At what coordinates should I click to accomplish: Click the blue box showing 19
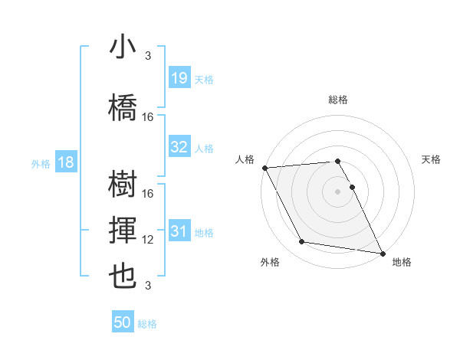pos(179,78)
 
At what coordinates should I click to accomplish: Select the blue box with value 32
pos(179,148)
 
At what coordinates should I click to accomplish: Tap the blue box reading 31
pos(179,232)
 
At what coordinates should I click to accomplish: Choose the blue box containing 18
pos(65,162)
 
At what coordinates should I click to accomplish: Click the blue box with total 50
pos(123,323)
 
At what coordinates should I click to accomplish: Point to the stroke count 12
pos(148,240)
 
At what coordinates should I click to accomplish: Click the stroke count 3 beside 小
pos(148,56)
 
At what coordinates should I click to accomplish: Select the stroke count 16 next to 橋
pos(148,117)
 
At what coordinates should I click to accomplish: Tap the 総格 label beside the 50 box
pos(147,324)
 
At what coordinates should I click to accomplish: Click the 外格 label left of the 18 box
pos(41,163)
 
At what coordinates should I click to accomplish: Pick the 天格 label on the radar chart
pos(432,159)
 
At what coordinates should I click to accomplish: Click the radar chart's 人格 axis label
pos(245,159)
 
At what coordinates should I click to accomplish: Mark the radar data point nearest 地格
pos(382,252)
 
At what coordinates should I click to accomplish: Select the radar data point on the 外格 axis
pos(302,242)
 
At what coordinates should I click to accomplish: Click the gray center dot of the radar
pos(338,191)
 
